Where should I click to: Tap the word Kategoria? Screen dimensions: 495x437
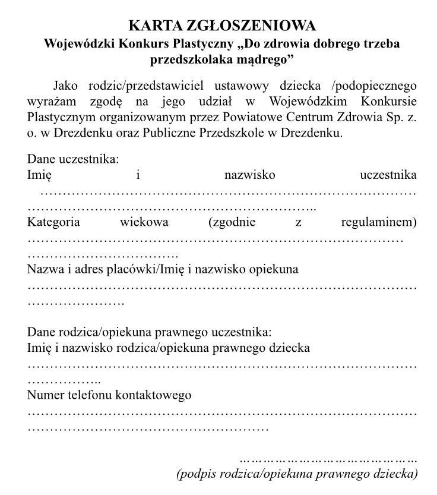pos(54,222)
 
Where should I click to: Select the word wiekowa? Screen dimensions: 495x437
pos(144,222)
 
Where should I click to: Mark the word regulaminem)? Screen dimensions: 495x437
pos(379,222)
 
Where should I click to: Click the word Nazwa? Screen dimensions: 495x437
pos(43,269)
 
